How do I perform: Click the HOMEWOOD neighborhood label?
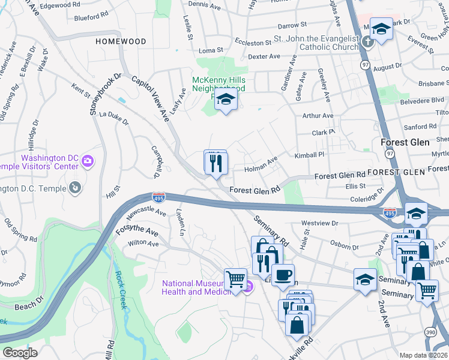point(121,41)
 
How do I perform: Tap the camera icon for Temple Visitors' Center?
point(88,160)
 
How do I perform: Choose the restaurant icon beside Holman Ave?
point(215,162)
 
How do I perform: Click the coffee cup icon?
point(283,275)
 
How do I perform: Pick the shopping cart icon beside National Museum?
point(235,279)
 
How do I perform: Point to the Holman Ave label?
point(260,165)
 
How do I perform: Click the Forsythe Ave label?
point(138,231)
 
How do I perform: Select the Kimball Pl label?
point(309,155)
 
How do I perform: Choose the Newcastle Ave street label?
point(144,212)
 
